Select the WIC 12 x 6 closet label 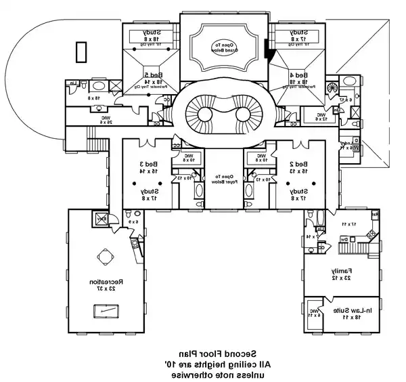point(321,116)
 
